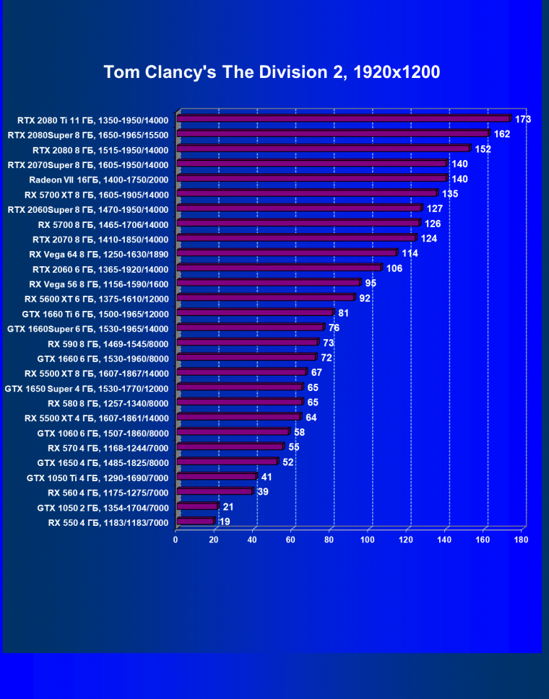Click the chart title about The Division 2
(272, 72)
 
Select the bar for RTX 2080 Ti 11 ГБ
(343, 119)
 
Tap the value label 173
(523, 119)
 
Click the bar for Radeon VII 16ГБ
(312, 179)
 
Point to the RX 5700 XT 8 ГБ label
(96, 195)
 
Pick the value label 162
(502, 134)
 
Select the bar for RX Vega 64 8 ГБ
(287, 253)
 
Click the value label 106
(394, 268)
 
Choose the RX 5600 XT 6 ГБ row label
(96, 299)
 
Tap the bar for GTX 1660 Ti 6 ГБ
(255, 313)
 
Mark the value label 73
(328, 343)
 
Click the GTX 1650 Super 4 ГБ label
(87, 388)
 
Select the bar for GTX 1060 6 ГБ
(233, 433)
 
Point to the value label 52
(288, 462)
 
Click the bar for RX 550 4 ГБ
(196, 522)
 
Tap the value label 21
(228, 507)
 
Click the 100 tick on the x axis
(368, 539)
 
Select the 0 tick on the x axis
(176, 539)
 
